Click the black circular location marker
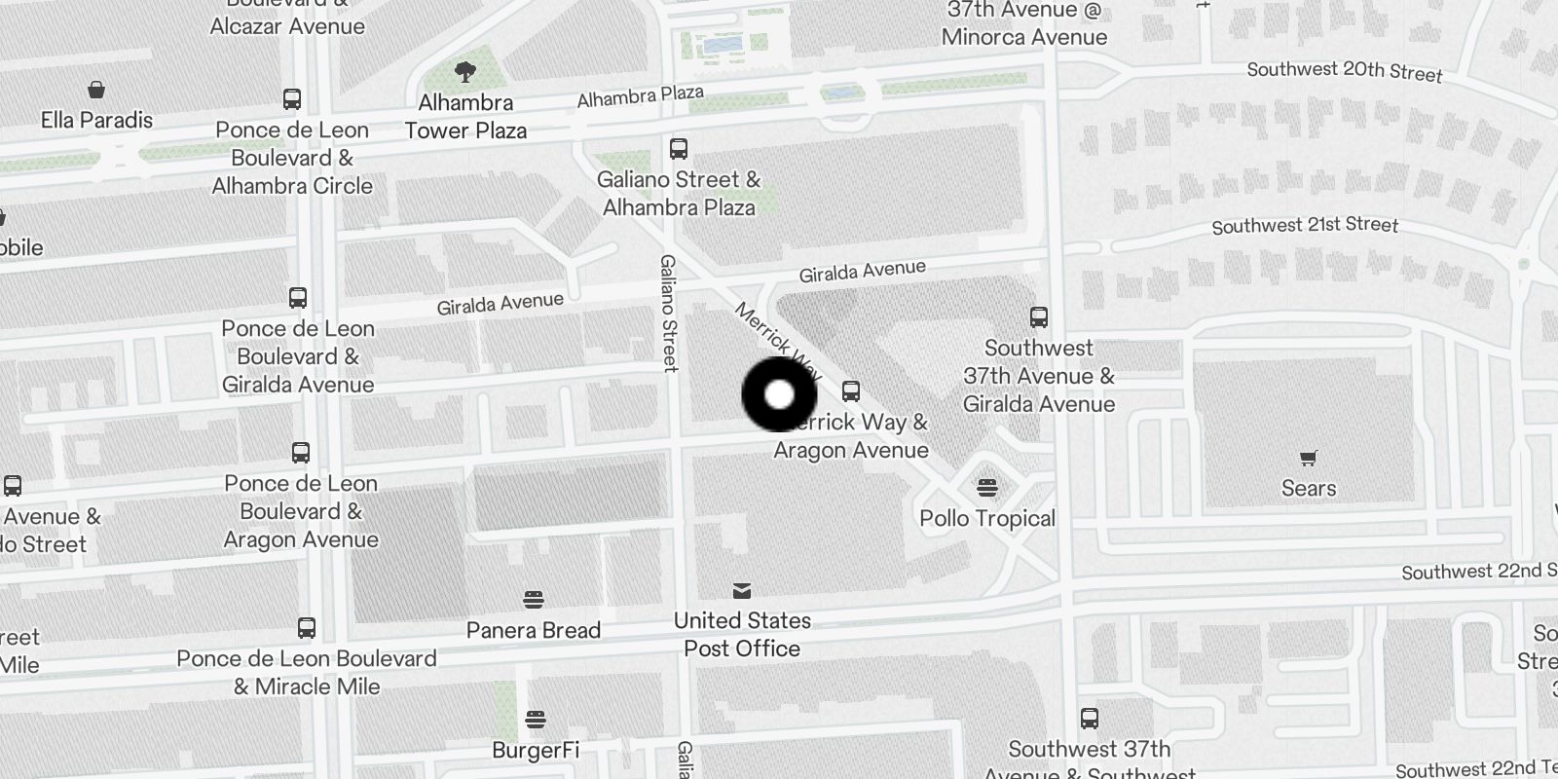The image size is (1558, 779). (x=779, y=394)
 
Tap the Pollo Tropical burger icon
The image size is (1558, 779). (x=987, y=487)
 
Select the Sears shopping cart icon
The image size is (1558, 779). (x=1309, y=458)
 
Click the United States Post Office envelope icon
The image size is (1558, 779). (x=742, y=590)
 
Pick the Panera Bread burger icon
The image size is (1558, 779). (x=533, y=599)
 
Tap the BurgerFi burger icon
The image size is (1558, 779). (x=535, y=720)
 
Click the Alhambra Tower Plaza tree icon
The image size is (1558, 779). (x=465, y=71)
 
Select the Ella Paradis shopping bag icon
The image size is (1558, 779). (x=96, y=91)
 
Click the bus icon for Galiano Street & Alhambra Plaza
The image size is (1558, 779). (x=679, y=149)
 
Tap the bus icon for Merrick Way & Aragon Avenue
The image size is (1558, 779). (x=851, y=391)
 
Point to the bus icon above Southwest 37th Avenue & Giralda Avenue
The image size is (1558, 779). (x=1039, y=317)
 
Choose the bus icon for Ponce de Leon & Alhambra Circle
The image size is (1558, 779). (x=292, y=99)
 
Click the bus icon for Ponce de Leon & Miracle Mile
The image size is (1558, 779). (x=307, y=628)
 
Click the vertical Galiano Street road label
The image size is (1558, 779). (x=669, y=313)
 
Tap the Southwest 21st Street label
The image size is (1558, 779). (x=1305, y=226)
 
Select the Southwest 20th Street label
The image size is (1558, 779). (x=1344, y=71)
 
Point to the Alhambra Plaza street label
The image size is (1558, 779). (x=640, y=96)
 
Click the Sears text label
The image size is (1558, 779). (x=1309, y=488)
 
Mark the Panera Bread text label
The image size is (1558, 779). (x=533, y=630)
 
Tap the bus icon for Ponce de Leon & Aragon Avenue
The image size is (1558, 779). (x=301, y=453)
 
